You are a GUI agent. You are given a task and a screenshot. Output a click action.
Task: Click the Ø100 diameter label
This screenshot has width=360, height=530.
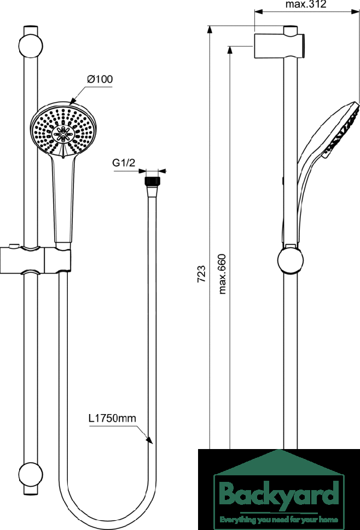coord(100,79)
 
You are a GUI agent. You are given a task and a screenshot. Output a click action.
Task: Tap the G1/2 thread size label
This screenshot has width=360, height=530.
coord(124,163)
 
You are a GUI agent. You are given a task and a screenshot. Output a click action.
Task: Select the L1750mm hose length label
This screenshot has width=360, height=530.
coord(112,418)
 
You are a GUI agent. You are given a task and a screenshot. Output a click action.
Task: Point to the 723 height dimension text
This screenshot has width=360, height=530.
coord(201,273)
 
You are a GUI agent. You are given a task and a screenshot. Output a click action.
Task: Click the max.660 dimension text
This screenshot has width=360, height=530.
coord(222,273)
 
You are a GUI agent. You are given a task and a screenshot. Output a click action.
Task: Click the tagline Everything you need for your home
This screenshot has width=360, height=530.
coord(278,519)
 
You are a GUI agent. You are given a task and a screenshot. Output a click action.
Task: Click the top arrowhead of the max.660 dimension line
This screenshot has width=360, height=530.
coord(230,49)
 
